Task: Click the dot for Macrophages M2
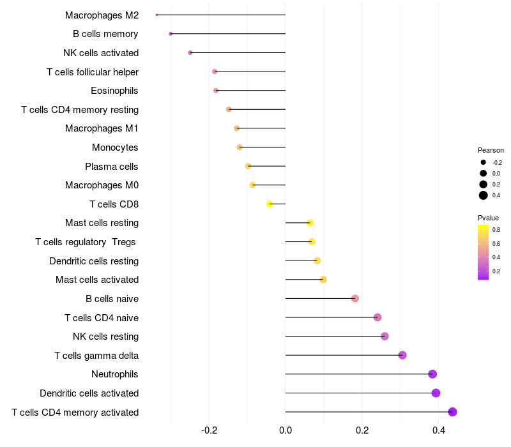[156, 15]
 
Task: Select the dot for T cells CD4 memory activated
[453, 412]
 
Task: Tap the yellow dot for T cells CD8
[270, 204]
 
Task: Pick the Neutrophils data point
[432, 374]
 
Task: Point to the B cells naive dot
[355, 299]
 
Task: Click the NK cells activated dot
[190, 52]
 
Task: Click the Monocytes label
[115, 148]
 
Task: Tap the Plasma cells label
[112, 167]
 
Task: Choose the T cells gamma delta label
[96, 356]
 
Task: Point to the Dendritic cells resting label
[94, 261]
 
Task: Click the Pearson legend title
[491, 150]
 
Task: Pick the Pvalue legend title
[489, 218]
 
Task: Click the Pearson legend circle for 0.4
[484, 195]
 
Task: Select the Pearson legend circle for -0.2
[484, 162]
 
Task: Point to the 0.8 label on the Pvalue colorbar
[496, 229]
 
